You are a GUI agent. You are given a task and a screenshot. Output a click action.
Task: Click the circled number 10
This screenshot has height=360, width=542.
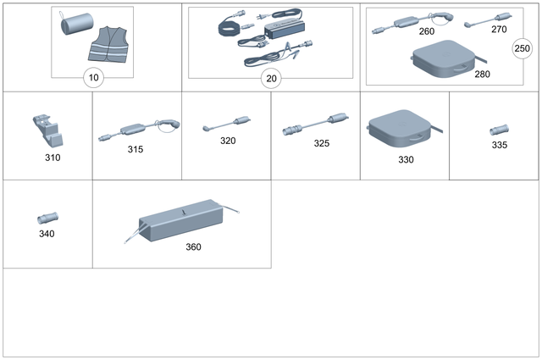(92, 79)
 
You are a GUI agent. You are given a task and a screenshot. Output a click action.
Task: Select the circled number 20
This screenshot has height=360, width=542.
(271, 79)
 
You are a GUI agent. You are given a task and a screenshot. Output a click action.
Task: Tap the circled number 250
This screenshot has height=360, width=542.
(522, 49)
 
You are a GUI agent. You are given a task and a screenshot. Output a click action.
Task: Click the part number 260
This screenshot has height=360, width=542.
(427, 31)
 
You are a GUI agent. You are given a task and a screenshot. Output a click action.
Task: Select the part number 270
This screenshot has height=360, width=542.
(499, 29)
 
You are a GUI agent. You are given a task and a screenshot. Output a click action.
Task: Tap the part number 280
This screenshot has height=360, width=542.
(482, 75)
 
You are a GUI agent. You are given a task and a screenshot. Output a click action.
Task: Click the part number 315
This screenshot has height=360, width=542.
(135, 149)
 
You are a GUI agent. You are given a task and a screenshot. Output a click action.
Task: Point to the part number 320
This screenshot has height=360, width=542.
(228, 141)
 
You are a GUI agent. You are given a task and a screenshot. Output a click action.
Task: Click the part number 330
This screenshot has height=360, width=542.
(406, 158)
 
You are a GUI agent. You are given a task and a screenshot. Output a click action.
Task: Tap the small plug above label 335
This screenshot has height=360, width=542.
(499, 131)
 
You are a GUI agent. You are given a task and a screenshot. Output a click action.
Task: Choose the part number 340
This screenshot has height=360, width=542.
(47, 233)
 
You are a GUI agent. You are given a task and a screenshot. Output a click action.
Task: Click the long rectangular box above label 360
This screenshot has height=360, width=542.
(181, 221)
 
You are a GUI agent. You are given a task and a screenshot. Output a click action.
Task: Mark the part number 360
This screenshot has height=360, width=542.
(194, 247)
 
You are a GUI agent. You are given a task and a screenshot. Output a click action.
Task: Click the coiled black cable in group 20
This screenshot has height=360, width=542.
(230, 28)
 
